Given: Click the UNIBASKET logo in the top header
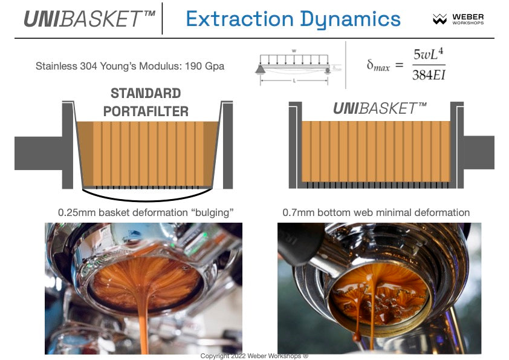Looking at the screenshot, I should (89, 19).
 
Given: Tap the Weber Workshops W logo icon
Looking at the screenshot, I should (440, 19).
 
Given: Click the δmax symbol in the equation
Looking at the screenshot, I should (378, 65).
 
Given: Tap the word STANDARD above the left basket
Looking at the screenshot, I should (146, 94).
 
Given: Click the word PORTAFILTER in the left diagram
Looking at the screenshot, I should (146, 111).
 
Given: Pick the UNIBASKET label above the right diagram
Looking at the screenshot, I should (380, 109).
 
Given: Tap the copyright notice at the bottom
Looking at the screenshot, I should (254, 356).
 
